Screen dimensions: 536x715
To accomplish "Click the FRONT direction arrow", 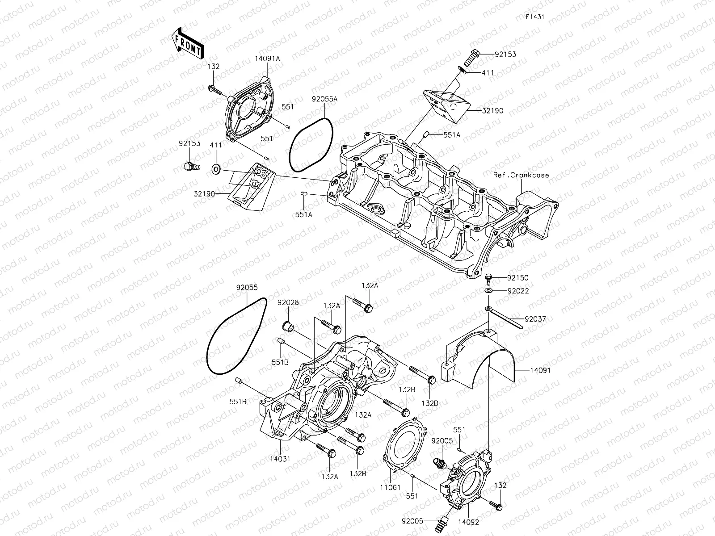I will click(x=187, y=43).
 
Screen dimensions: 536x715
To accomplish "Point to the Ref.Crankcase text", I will click(x=522, y=175).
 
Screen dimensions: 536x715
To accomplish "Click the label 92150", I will click(x=517, y=278).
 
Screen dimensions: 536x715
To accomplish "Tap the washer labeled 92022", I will click(x=489, y=291).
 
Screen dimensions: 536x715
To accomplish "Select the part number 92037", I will click(x=535, y=319).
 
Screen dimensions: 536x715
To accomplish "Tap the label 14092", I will click(x=467, y=521).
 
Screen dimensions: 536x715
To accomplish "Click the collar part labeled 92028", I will click(x=289, y=327).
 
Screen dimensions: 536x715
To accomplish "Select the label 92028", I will click(x=288, y=302).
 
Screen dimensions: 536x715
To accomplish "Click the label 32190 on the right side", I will click(x=492, y=110).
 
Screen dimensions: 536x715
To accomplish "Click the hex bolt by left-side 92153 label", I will click(x=189, y=167).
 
